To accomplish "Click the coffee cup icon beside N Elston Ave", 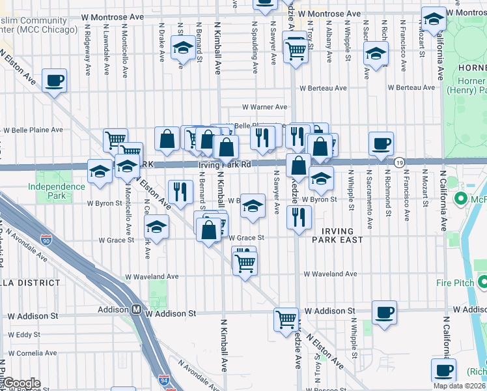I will click(x=54, y=81).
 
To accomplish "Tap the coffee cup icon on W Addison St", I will click(x=384, y=312).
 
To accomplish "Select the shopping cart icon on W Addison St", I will click(x=286, y=319).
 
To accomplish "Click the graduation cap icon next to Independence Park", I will click(x=100, y=171).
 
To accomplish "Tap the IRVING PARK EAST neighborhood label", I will click(x=337, y=236).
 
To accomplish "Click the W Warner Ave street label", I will click(x=264, y=107).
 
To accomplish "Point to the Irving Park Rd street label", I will click(x=225, y=166).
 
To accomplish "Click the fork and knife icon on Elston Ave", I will click(x=180, y=192).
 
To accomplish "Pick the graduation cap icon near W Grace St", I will click(x=156, y=227).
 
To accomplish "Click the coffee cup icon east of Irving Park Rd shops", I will click(x=381, y=143).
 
